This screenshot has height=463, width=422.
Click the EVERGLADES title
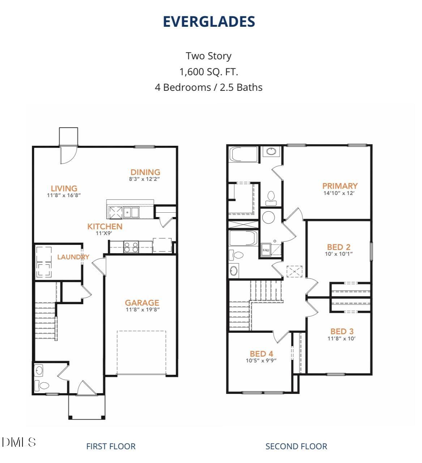tap(209, 22)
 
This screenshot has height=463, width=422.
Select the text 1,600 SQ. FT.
tap(209, 72)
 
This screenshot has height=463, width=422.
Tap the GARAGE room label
tap(142, 303)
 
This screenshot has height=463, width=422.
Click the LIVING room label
tap(64, 188)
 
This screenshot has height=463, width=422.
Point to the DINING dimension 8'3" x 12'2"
tap(145, 179)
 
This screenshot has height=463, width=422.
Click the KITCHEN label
tap(105, 227)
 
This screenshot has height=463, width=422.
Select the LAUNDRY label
tap(73, 257)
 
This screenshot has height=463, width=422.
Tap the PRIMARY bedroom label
tap(340, 186)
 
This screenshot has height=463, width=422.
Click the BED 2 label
tap(338, 247)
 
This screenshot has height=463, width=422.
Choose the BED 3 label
tap(342, 332)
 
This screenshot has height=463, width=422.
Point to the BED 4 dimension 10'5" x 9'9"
tap(261, 361)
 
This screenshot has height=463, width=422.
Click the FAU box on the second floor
tap(266, 250)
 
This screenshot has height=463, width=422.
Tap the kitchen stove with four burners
tap(131, 247)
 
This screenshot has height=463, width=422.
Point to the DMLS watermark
tap(19, 442)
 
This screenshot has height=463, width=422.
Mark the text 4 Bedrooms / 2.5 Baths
tap(209, 88)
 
